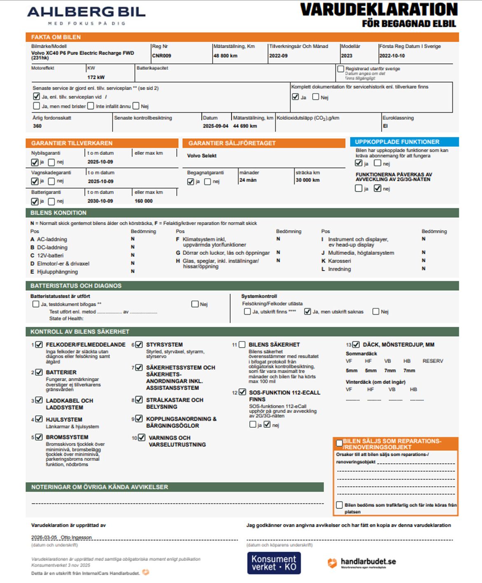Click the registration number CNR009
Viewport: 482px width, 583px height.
pyautogui.click(x=161, y=56)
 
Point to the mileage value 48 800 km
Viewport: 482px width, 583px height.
pyautogui.click(x=225, y=56)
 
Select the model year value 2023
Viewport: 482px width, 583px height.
pyautogui.click(x=346, y=56)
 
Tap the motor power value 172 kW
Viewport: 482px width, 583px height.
pyautogui.click(x=96, y=77)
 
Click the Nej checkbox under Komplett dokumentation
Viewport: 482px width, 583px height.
pyautogui.click(x=316, y=97)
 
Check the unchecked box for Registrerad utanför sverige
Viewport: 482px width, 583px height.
pyautogui.click(x=341, y=69)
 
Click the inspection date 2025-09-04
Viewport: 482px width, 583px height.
pyautogui.click(x=215, y=126)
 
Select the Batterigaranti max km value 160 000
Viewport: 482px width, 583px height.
pyautogui.click(x=143, y=201)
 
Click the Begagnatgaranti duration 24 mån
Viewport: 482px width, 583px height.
pyautogui.click(x=248, y=180)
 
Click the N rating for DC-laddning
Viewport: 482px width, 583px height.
pyautogui.click(x=133, y=247)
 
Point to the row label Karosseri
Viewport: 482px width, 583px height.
pyautogui.click(x=339, y=261)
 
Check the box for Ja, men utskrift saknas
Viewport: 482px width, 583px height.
pyautogui.click(x=307, y=312)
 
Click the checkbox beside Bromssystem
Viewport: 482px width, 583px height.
pyautogui.click(x=39, y=437)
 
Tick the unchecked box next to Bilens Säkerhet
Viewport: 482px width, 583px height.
pyautogui.click(x=242, y=345)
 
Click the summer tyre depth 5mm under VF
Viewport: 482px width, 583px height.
pyautogui.click(x=351, y=371)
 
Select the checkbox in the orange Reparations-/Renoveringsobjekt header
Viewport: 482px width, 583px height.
pyautogui.click(x=339, y=443)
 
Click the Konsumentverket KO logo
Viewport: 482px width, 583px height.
pyautogui.click(x=274, y=563)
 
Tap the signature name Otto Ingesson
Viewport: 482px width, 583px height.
pyautogui.click(x=76, y=538)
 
